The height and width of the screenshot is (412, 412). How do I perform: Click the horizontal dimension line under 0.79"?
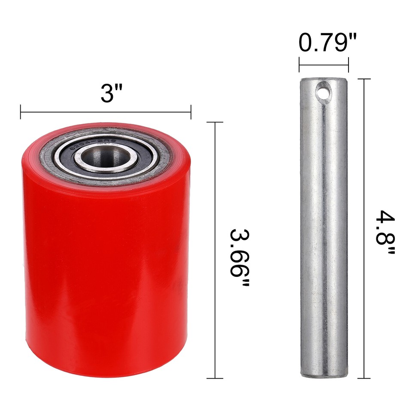pyautogui.click(x=323, y=66)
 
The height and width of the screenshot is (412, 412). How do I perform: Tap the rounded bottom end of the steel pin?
pyautogui.click(x=324, y=373)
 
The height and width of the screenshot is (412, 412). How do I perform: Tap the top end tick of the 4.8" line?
pyautogui.click(x=364, y=79)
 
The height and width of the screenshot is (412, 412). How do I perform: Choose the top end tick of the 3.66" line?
pyautogui.click(x=215, y=122)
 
